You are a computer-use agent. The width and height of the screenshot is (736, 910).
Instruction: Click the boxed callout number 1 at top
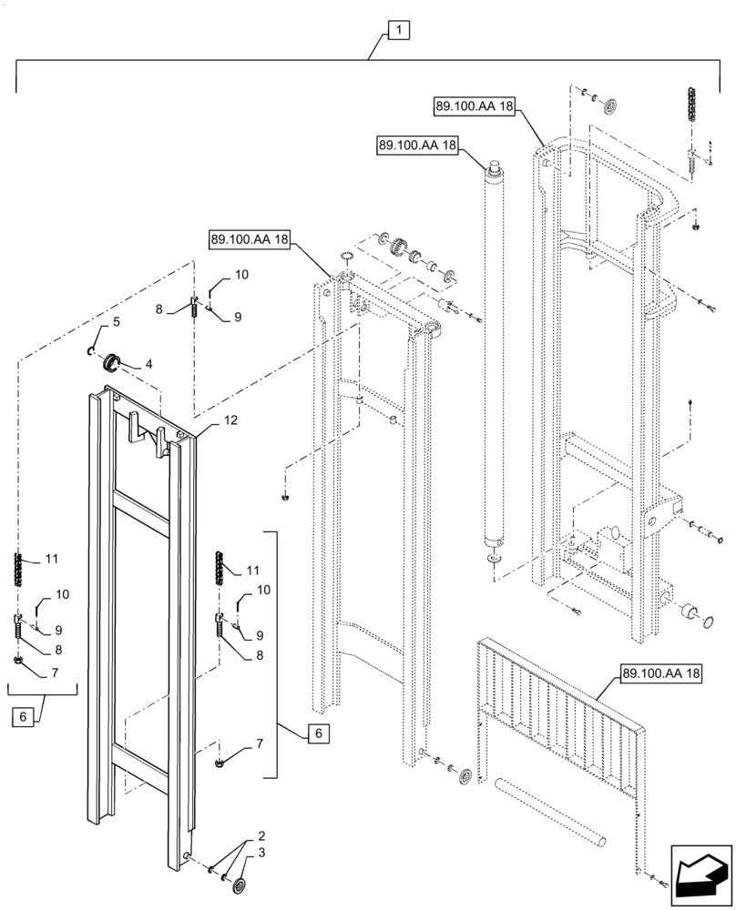pos(398,31)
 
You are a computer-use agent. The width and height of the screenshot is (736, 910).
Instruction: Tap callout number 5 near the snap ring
pos(117,322)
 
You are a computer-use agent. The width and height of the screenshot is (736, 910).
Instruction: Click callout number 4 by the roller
pos(148,364)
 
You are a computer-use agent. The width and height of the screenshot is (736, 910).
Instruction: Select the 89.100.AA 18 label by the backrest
pos(661,674)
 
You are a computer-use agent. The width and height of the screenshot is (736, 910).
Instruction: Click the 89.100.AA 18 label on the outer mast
pos(475,106)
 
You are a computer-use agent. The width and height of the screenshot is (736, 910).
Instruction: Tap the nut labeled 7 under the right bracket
pos(221,762)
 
